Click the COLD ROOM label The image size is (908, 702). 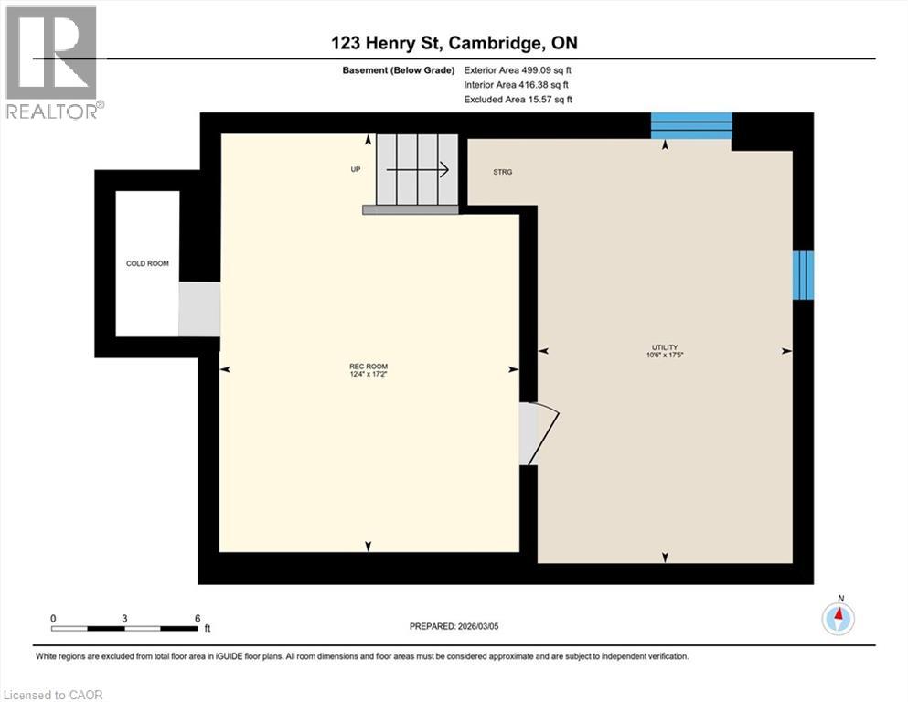[x=147, y=263]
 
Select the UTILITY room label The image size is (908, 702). [x=664, y=347]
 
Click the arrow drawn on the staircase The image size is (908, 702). [x=417, y=169]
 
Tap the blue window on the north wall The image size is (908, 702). [x=691, y=125]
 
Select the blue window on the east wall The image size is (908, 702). [x=802, y=274]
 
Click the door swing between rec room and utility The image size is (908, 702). [x=539, y=431]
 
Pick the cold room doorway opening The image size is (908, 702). [x=198, y=309]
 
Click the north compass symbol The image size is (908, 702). [x=838, y=618]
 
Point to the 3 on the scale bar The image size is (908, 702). [x=124, y=618]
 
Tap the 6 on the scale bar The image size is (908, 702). [x=197, y=618]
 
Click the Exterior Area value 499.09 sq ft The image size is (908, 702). [x=519, y=69]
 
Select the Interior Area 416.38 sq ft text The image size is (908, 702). [x=518, y=84]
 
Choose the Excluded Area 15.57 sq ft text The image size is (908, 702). [x=518, y=99]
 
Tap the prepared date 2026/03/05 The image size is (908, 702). [x=454, y=626]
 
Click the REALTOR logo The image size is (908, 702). [x=52, y=62]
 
